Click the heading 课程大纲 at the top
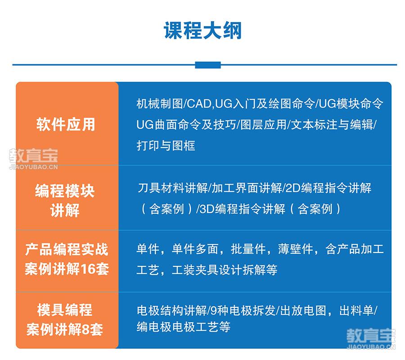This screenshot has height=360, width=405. click(203, 31)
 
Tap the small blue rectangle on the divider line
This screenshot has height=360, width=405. click(208, 65)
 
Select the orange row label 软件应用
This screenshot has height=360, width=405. click(66, 125)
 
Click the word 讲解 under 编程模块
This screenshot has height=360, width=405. click(65, 210)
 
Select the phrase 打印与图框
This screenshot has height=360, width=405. click(166, 145)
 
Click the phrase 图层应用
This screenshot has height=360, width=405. click(263, 125)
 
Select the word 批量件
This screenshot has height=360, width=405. click(248, 249)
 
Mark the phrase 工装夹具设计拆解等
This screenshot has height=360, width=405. click(225, 270)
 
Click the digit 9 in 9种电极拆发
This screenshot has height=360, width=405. click(214, 310)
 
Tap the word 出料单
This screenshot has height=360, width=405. click(356, 310)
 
